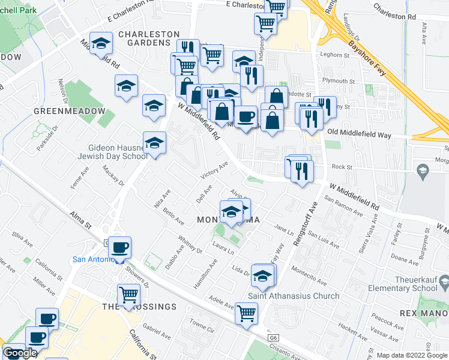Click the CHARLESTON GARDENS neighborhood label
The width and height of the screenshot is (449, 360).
[148, 38]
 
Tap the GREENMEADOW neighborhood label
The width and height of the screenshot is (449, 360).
[69, 112]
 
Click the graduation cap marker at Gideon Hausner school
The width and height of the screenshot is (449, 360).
[154, 143]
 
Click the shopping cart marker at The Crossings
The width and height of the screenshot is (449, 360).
[129, 295]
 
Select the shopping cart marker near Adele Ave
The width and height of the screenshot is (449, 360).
[246, 313]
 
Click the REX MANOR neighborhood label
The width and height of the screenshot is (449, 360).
[423, 314]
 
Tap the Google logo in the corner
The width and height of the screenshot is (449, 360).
[20, 353]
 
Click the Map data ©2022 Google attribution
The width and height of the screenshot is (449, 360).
[412, 355]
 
